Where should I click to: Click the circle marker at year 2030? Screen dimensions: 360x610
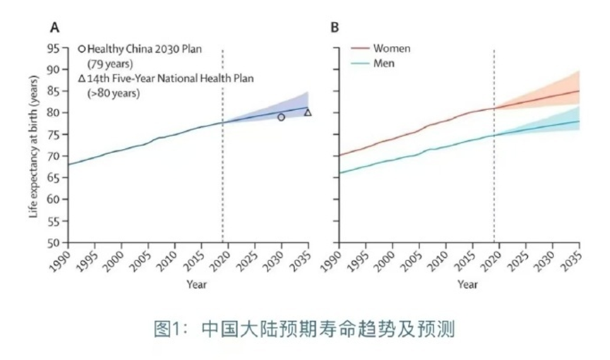[281, 117]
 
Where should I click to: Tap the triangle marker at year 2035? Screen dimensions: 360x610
[308, 112]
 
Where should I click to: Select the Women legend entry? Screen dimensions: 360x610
[392, 49]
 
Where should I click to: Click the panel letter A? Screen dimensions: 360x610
[54, 28]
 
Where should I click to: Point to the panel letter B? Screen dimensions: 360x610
[335, 28]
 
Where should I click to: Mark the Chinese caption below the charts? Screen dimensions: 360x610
[304, 329]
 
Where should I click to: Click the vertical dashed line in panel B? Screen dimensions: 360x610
[494, 176]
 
